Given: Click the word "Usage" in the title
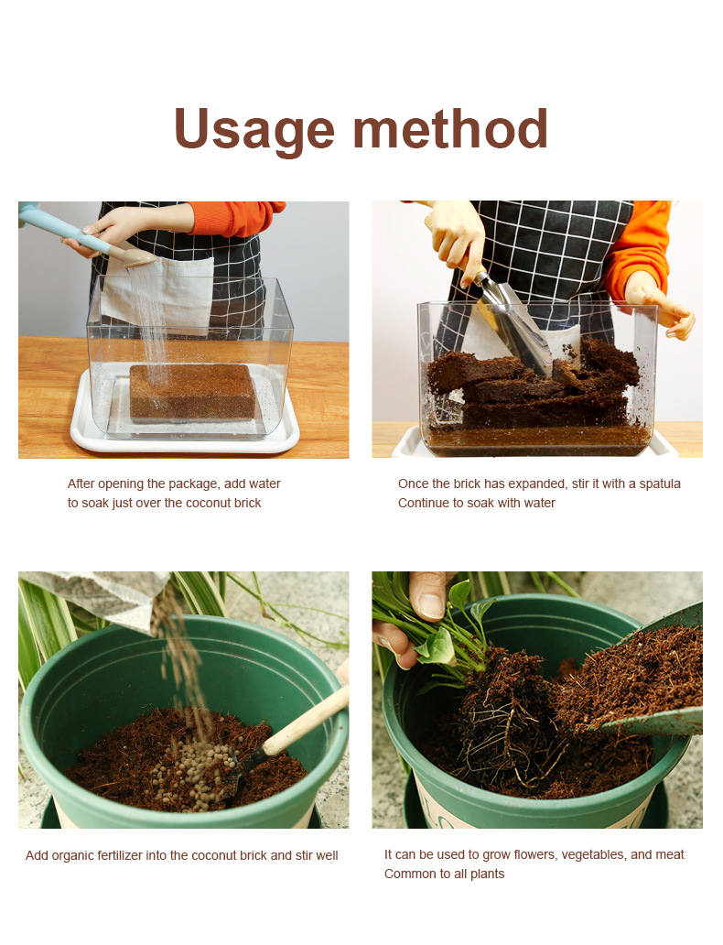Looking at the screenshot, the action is click(254, 130).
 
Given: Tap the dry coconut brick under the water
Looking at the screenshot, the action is click(192, 392).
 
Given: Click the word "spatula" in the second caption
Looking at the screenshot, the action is click(660, 484).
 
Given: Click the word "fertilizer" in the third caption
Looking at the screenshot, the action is click(118, 855).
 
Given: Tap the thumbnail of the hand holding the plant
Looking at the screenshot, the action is click(430, 605).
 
